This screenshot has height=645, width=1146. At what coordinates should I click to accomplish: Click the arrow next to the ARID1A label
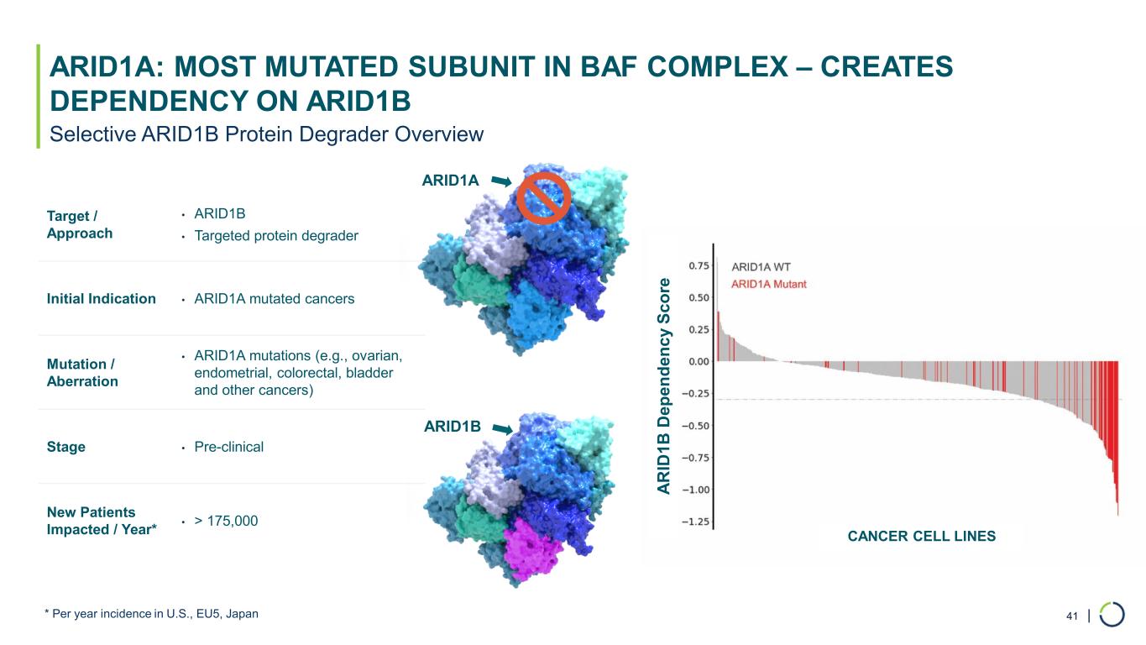click(501, 181)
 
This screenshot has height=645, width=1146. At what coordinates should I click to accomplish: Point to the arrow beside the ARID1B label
click(502, 428)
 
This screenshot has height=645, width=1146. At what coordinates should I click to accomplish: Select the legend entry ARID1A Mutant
click(768, 284)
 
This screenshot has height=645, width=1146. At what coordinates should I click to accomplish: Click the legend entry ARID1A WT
click(761, 267)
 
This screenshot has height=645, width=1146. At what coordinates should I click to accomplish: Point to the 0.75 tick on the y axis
click(699, 265)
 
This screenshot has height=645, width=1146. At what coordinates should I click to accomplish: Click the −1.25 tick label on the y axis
click(696, 522)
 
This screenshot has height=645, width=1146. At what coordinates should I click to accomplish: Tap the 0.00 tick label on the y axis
click(699, 361)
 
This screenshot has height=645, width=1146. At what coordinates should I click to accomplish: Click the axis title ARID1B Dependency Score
click(663, 386)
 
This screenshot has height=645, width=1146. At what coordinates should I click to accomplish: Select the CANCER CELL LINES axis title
click(921, 536)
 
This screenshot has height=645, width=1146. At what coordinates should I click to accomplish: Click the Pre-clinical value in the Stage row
click(228, 447)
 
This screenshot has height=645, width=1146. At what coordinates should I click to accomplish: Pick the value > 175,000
click(226, 521)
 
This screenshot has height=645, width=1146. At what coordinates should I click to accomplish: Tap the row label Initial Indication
click(102, 298)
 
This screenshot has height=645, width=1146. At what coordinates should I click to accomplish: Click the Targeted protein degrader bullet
click(276, 235)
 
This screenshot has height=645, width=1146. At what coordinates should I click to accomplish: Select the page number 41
click(1072, 616)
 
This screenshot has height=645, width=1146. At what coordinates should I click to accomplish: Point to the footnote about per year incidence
click(151, 613)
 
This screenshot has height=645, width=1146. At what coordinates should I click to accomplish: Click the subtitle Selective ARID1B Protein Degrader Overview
click(266, 134)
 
